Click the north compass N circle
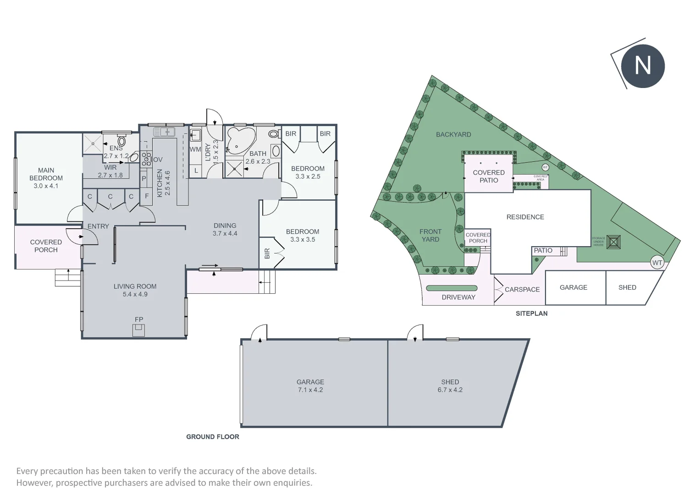[643, 66]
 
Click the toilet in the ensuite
[121, 140]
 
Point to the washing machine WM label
[195, 149]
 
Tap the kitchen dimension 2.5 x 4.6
[167, 183]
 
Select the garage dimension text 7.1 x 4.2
[310, 390]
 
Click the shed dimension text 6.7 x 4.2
[450, 390]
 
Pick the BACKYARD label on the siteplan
[453, 134]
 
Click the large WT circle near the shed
[657, 263]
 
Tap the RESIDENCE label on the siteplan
[525, 217]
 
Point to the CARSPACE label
[522, 290]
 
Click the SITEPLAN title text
[531, 313]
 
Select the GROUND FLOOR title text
[213, 437]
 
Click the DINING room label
[225, 225]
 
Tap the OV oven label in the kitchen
[158, 159]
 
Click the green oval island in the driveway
[452, 288]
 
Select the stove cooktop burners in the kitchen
[146, 158]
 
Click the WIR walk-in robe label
[110, 168]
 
